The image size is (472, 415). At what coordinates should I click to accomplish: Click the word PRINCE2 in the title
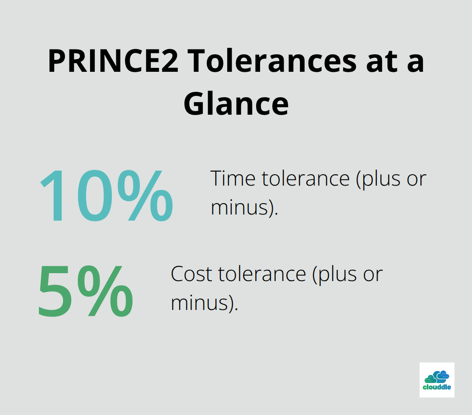(x=113, y=61)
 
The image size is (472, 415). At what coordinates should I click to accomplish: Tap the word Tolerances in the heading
(x=271, y=61)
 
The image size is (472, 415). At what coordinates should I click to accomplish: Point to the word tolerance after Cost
(x=262, y=274)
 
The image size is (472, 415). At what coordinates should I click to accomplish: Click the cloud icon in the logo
(x=437, y=376)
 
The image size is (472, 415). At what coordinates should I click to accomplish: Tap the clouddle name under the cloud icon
(x=437, y=387)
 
